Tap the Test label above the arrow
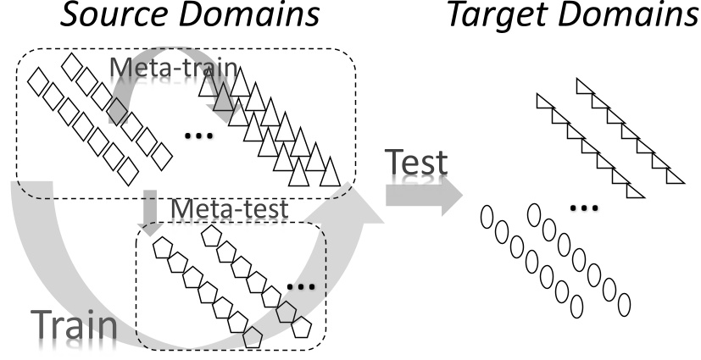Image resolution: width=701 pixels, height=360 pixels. (x=415, y=164)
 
